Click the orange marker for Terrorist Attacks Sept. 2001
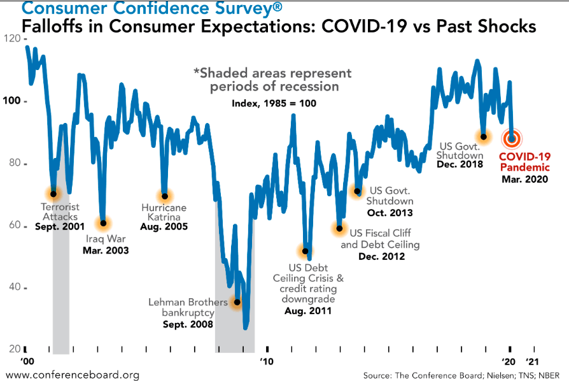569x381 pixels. (x=53, y=194)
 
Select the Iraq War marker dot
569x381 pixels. (x=104, y=223)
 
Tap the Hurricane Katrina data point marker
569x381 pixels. (x=165, y=196)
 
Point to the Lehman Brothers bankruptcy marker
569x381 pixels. (x=237, y=303)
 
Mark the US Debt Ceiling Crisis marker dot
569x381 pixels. (x=306, y=251)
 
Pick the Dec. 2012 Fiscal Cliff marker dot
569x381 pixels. (x=339, y=228)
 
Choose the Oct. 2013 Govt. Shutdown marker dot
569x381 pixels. (x=358, y=191)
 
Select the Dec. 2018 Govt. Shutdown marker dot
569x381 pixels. (x=484, y=136)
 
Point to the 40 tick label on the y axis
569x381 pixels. (x=12, y=287)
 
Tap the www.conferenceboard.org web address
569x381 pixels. (x=71, y=375)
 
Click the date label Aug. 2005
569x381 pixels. (x=164, y=226)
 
